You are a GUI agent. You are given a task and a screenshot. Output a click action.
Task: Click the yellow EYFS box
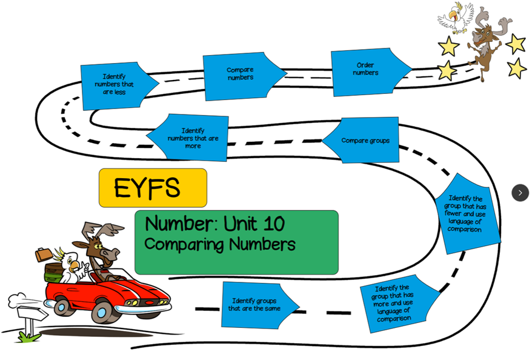[x=153, y=188]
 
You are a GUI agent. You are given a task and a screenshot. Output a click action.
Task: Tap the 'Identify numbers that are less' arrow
[x=115, y=85]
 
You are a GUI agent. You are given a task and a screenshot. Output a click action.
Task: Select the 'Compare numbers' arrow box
[x=241, y=75]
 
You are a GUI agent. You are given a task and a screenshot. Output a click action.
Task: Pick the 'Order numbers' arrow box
[x=366, y=70]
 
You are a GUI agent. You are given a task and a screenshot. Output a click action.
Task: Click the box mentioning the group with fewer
[x=465, y=214]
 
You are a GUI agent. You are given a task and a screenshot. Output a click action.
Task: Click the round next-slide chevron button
[x=520, y=193]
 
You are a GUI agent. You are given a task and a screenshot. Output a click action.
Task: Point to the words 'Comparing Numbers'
[x=220, y=245]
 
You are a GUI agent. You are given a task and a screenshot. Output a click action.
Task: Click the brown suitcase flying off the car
[x=43, y=254]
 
